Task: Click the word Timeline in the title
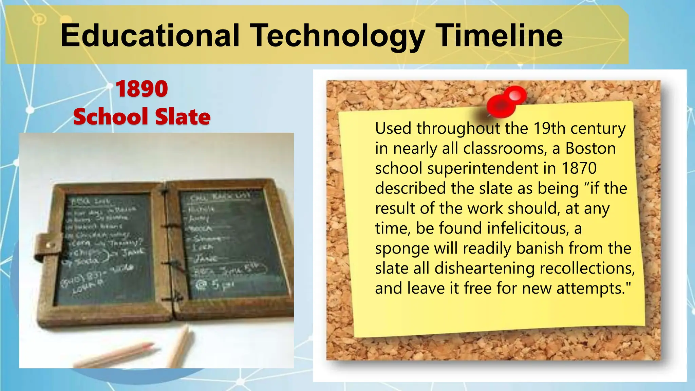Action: [499, 36]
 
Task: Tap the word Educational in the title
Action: [150, 36]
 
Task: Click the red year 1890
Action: [142, 89]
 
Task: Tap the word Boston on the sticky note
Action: [590, 148]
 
